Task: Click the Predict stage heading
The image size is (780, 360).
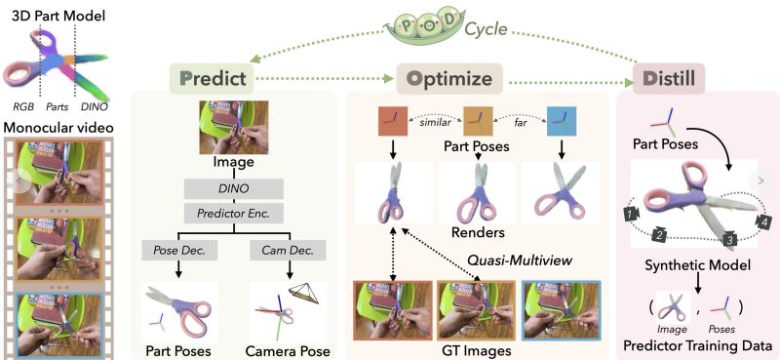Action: [213, 77]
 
